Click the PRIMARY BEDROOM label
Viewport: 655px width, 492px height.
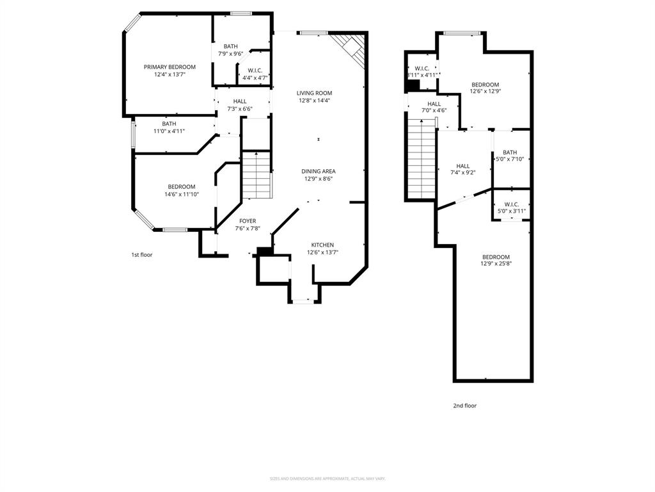[x=170, y=67]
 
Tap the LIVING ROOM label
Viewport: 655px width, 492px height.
[x=314, y=93]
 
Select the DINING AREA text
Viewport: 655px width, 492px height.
[x=319, y=171]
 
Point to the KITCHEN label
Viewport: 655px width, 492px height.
[x=322, y=245]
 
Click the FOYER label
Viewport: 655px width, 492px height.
[x=248, y=221]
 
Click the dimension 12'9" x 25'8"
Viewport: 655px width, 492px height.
[x=496, y=264]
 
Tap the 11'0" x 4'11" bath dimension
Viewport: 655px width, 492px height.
[x=169, y=131]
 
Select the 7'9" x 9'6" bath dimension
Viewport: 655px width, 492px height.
[x=230, y=54]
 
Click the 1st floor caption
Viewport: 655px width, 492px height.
[x=142, y=255]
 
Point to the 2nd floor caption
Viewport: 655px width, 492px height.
[x=465, y=406]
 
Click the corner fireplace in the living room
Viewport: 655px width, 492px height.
[x=352, y=49]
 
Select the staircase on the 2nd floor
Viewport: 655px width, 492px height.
[x=422, y=160]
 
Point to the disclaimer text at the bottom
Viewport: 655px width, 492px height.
[x=327, y=479]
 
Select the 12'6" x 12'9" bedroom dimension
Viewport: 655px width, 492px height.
[x=485, y=92]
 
